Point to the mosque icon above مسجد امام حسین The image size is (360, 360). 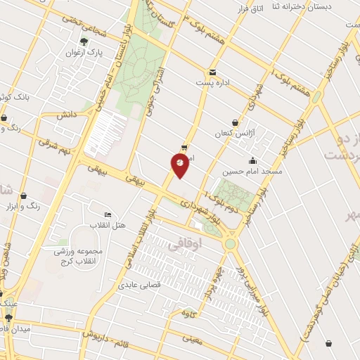tap(253, 161)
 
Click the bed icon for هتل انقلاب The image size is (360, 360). tap(108, 214)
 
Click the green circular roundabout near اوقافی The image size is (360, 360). tap(231, 244)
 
